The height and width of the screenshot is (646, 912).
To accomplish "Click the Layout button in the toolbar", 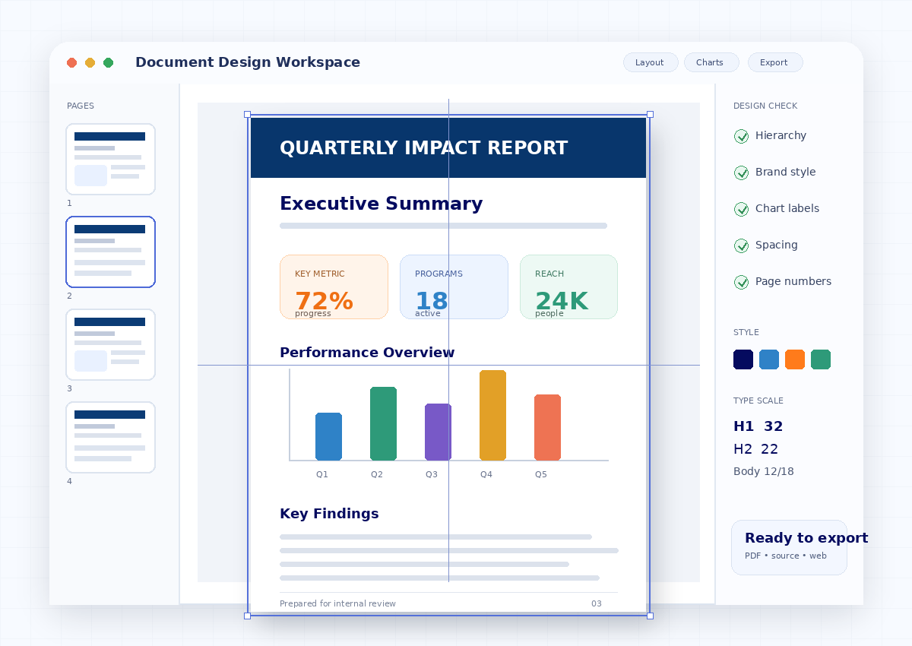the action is coord(651,62).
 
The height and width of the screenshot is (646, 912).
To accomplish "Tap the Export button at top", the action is coord(774,62).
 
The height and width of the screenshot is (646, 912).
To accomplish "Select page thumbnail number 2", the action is coord(110,252).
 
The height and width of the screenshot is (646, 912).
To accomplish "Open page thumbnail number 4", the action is coord(110,437).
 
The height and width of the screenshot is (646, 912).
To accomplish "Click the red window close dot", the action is coord(72,62).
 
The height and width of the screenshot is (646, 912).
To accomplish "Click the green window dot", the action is coord(108,62).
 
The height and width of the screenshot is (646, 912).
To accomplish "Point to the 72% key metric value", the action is coord(324,300).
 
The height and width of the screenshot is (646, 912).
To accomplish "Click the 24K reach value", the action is coord(562,300).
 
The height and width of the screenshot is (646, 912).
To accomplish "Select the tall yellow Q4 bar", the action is coord(492,415).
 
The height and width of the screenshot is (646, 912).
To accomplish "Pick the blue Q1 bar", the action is coord(328,436).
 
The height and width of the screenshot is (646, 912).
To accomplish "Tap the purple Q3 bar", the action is coord(438,432).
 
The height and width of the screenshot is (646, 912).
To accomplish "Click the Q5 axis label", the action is coord(540,474).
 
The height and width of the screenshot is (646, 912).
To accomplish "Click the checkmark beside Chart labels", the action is coord(741,209).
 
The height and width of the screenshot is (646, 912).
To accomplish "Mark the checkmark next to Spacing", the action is coord(741,245).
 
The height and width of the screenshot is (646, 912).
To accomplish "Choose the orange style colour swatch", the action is coord(795,359).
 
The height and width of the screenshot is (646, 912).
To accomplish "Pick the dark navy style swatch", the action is coord(743,359).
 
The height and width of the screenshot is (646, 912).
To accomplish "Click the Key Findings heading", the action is coord(329,514).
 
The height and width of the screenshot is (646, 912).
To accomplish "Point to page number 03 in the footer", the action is coord(597,603).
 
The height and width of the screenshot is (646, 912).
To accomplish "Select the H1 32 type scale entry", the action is coord(758,426).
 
